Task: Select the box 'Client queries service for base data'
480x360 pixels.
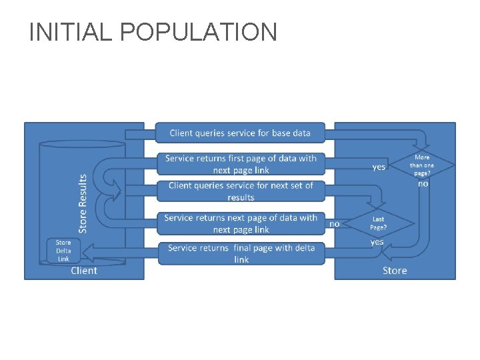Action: click(240, 133)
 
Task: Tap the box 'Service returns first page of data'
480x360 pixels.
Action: click(241, 164)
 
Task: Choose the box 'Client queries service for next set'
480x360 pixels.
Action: click(241, 191)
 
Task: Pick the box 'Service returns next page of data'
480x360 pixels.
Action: click(241, 223)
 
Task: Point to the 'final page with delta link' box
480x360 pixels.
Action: click(241, 253)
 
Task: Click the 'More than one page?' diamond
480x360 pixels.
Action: click(423, 165)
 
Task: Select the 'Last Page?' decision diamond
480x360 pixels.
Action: click(378, 223)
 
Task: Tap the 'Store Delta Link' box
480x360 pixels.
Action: click(63, 251)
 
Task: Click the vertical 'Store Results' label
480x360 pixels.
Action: click(83, 203)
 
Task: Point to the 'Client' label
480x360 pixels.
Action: click(84, 270)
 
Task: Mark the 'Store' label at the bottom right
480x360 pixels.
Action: click(395, 270)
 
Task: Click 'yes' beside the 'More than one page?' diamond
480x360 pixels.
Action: click(378, 167)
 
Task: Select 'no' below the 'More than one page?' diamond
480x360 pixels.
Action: click(423, 183)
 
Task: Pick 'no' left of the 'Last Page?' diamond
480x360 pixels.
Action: click(334, 224)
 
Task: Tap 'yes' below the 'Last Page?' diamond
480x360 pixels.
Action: click(377, 242)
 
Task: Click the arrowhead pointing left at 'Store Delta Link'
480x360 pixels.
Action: click(89, 251)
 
